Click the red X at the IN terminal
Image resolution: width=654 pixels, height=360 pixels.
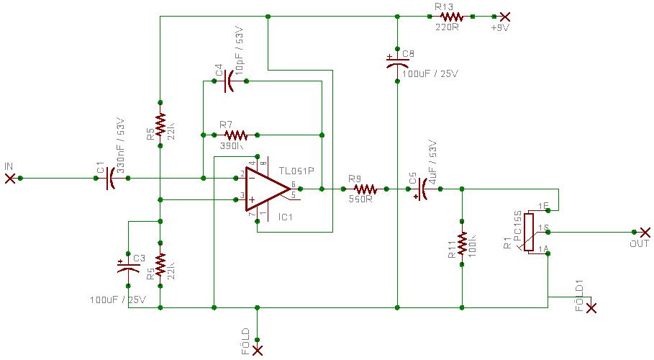[x=10, y=178]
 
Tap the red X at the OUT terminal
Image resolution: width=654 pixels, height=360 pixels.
[x=645, y=232]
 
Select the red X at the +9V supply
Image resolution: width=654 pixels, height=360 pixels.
[x=505, y=16]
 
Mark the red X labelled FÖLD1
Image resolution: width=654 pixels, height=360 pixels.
[x=591, y=308]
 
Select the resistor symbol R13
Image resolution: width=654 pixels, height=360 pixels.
[x=451, y=16]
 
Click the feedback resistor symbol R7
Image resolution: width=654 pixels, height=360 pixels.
[x=235, y=135]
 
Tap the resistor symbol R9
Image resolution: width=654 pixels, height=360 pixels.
[x=365, y=189]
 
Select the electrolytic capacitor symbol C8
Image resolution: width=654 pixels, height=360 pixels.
[x=397, y=63]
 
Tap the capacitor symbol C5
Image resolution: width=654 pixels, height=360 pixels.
[x=423, y=189]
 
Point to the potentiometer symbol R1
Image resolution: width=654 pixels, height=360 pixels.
[x=529, y=232]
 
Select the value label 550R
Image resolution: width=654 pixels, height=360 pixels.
[x=360, y=199]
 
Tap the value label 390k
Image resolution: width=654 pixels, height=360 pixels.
[x=232, y=146]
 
